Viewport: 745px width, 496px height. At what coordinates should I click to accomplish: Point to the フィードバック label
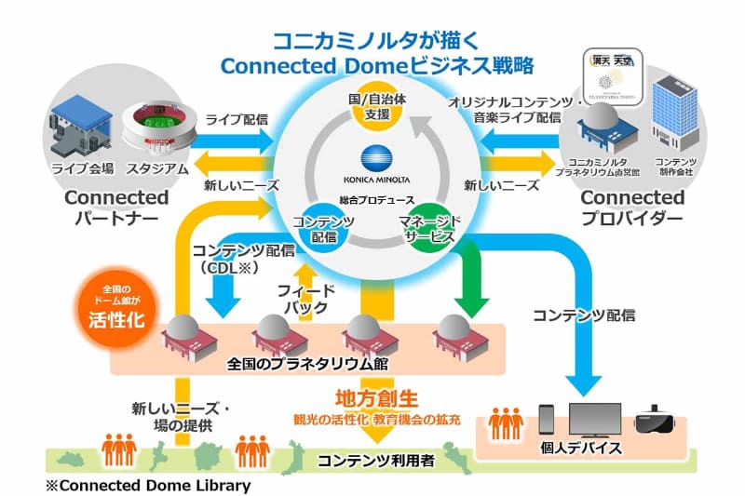[x=307, y=298]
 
